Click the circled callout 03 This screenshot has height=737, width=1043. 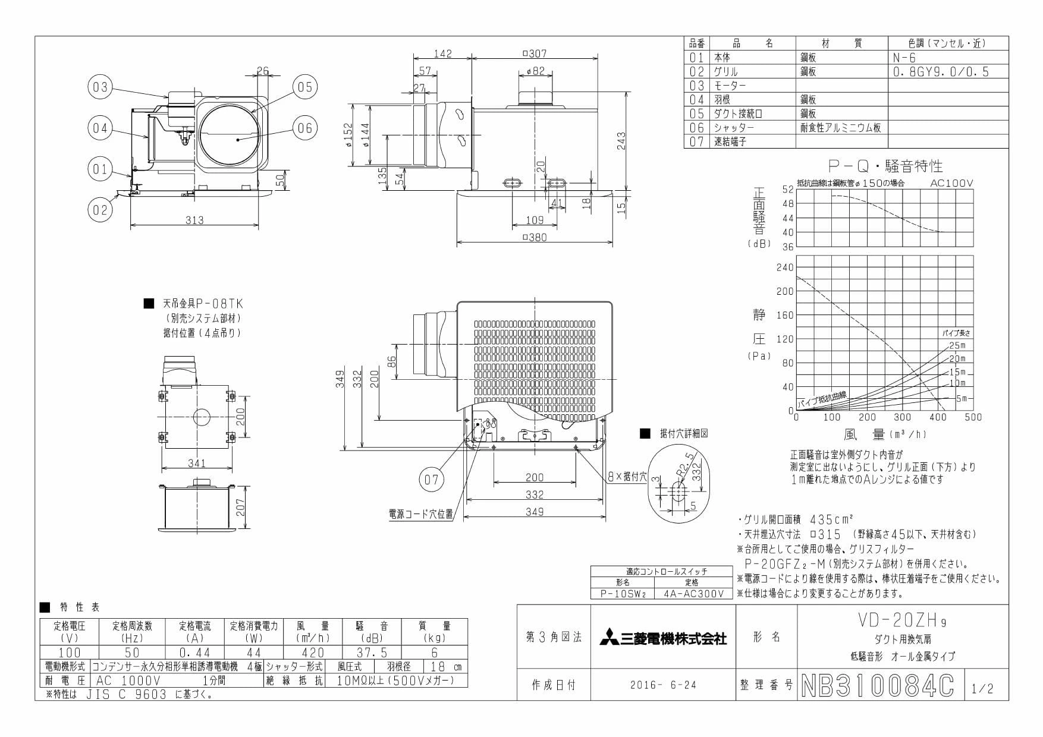[100, 88]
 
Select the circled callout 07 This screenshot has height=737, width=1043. [431, 478]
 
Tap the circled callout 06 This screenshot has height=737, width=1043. [304, 127]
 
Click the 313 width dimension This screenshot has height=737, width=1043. [194, 220]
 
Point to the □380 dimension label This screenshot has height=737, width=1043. [534, 238]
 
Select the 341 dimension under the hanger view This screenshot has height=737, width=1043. [196, 464]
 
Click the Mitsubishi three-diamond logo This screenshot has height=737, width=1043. [605, 637]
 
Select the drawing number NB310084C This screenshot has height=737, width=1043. [878, 685]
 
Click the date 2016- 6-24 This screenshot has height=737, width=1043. [663, 685]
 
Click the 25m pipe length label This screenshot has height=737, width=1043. [957, 345]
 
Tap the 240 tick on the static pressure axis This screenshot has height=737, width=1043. [785, 267]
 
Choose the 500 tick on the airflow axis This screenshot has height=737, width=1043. [973, 417]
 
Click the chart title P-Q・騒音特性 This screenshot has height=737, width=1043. [886, 165]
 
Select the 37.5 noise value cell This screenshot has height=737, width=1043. [372, 653]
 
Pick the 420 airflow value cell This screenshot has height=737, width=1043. [313, 653]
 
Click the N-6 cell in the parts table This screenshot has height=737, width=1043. [904, 58]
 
